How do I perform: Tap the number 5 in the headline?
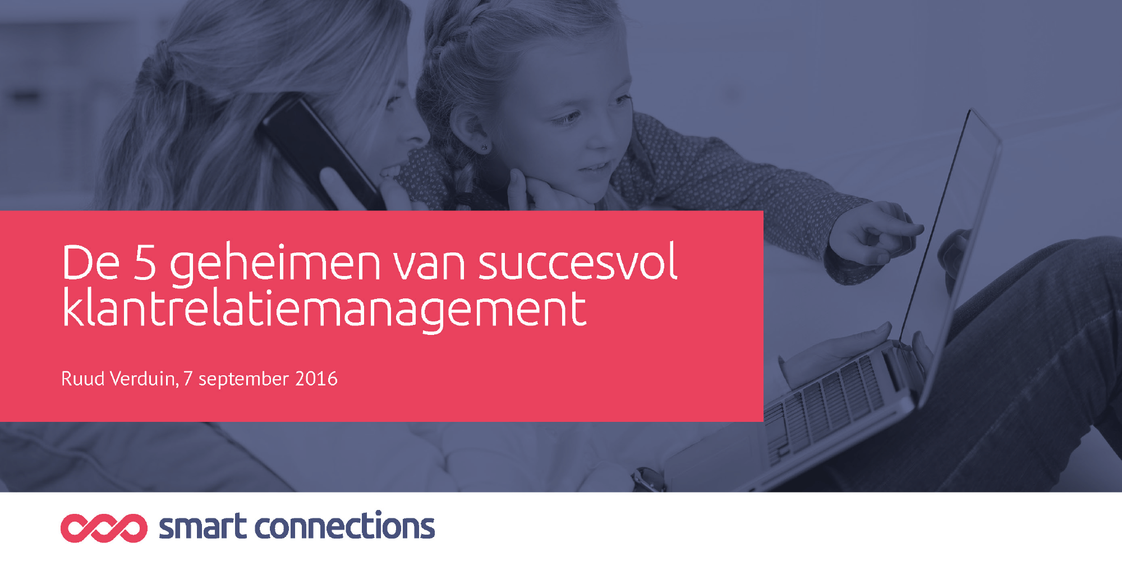point(145,262)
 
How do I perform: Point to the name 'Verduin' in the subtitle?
point(144,379)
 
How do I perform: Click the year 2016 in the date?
point(316,379)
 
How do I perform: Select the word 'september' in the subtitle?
point(243,380)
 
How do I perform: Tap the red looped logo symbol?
point(104,528)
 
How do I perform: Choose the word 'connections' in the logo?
point(345,526)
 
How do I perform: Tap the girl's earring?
point(484,148)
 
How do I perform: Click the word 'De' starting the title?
point(91,262)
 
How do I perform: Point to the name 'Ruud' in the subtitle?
point(83,379)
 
